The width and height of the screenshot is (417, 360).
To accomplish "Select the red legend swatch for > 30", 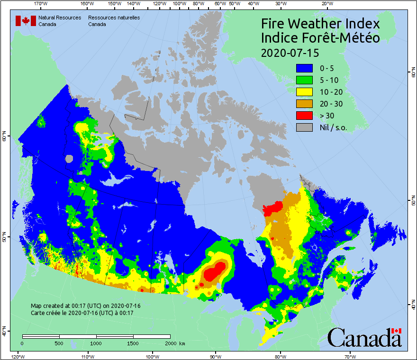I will pos(304,116).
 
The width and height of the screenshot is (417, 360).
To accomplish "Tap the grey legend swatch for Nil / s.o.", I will pos(304,127).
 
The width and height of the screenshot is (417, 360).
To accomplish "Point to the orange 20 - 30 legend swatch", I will pos(304,104).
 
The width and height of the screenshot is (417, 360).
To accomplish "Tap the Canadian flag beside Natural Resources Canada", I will pos(26,21).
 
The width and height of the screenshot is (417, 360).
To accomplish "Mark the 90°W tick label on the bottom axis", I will pos(216,356).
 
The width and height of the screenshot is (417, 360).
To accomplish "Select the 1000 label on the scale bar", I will pos(96,343).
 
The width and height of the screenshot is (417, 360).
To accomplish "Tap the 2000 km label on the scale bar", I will pos(174,343).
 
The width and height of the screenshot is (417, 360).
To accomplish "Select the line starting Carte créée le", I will pos(82,313).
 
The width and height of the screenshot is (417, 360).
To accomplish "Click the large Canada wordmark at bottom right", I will pos(364,338).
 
